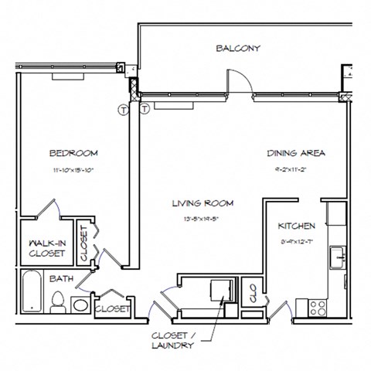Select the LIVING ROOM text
tap(203, 204)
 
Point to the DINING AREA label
tap(296, 153)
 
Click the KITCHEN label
tap(296, 226)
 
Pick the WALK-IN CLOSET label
tap(46, 247)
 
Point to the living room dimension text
tap(203, 219)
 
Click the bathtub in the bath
tap(32, 293)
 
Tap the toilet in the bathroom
tap(58, 302)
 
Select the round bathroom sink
tap(80, 303)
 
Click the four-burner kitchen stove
tap(318, 307)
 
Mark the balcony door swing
tap(238, 81)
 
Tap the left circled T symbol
tap(122, 110)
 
